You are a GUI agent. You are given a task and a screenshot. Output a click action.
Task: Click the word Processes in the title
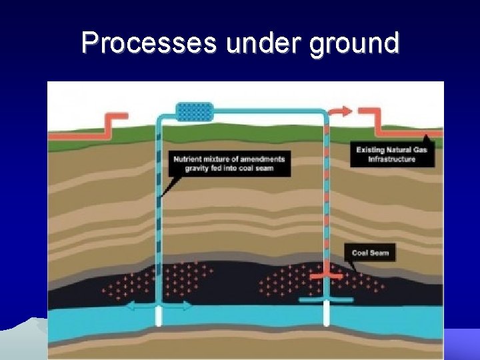149,43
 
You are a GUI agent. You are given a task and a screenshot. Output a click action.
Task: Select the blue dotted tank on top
194,111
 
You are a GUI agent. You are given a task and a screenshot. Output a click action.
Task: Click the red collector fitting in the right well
326,274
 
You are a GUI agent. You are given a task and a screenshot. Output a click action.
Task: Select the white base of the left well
159,316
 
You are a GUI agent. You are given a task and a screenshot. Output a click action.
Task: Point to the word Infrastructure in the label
392,159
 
